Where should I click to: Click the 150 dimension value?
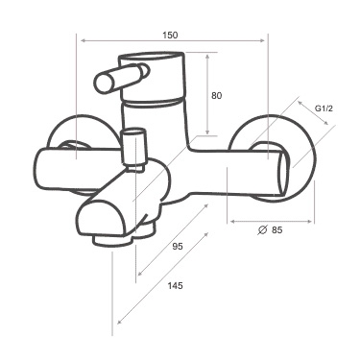coord(170,36)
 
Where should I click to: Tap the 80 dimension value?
coord(217,96)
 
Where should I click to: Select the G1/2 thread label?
coord(324,108)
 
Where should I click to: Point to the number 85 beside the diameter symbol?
coord(277,229)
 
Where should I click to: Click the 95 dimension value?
coord(178,247)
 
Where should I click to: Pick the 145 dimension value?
coord(176,285)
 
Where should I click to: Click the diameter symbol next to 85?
coord(262,229)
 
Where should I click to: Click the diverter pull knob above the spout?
coord(133,148)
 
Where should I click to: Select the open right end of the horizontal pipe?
coord(284,174)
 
